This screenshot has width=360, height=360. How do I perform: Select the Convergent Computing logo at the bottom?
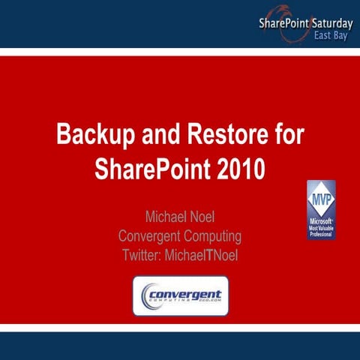point(180,295)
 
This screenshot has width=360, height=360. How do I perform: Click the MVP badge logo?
point(320,209)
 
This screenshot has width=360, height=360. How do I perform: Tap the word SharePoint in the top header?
point(284,23)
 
